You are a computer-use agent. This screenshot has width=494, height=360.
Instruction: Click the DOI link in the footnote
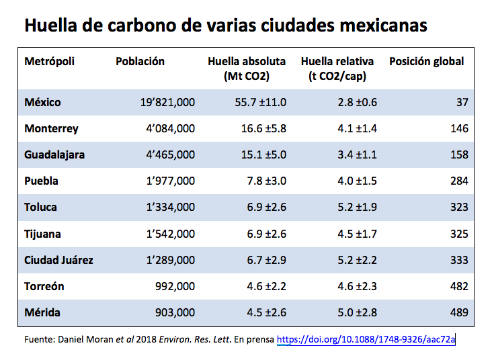[x=366, y=339]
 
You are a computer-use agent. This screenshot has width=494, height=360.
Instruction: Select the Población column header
[x=140, y=62]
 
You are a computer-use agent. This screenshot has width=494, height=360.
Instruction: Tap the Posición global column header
[x=426, y=62]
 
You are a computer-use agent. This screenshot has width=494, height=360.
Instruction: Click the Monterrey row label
[x=51, y=128]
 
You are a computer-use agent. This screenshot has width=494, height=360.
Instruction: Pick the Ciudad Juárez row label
[x=58, y=260]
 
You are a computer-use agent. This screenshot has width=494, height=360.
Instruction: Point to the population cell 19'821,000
[x=167, y=102]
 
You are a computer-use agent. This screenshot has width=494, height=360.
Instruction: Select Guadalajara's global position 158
[x=459, y=154]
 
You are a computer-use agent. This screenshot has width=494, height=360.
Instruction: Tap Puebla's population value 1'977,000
[x=167, y=181]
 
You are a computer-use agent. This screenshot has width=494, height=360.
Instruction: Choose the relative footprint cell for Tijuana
[x=350, y=234]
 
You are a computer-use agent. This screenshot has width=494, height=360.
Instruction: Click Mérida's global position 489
[x=459, y=312]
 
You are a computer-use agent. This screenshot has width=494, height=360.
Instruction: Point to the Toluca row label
[x=40, y=207]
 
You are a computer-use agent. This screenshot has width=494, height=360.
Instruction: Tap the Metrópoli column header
[x=49, y=62]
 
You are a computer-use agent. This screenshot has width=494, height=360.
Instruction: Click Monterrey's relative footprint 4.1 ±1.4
[x=350, y=128]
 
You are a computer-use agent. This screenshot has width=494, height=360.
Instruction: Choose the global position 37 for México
[x=462, y=102]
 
